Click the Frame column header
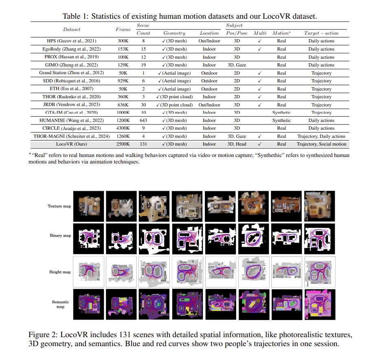pos(123,29)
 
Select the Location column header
pos(209,33)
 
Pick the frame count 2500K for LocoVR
pos(123,144)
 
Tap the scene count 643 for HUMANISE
pos(143,120)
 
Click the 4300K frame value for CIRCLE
pos(123,128)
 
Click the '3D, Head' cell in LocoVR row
pos(237,144)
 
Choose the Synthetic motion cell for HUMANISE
pos(281,120)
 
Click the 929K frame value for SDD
pos(123,81)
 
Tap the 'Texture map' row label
pos(59,206)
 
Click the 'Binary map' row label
pos(60,236)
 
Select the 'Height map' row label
pos(60,272)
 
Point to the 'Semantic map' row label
pos(60,304)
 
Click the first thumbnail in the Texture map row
pos(88,206)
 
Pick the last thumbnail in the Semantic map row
pos(319,304)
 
